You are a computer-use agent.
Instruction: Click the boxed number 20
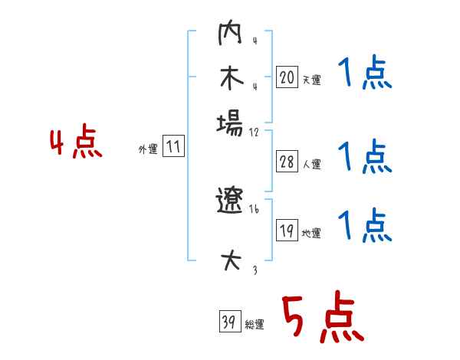pyautogui.click(x=287, y=77)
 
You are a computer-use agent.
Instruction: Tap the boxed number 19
pyautogui.click(x=287, y=231)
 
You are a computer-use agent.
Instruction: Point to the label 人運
pyautogui.click(x=311, y=164)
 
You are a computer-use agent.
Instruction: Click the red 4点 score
pyautogui.click(x=75, y=143)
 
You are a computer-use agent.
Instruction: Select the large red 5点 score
pyautogui.click(x=320, y=319)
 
